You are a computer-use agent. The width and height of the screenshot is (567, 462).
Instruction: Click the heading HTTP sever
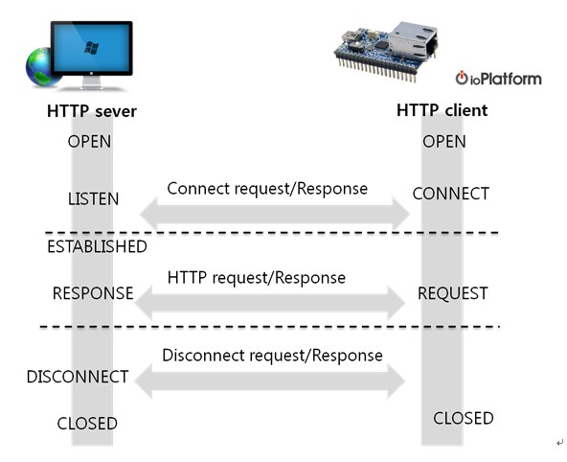tap(91, 111)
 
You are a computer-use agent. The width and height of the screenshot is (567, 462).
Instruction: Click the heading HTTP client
tap(442, 110)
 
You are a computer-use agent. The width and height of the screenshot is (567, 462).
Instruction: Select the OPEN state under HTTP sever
tap(89, 142)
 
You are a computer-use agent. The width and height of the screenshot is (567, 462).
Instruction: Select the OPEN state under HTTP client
tap(443, 142)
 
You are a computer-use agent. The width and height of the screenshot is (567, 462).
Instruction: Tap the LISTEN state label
tap(93, 199)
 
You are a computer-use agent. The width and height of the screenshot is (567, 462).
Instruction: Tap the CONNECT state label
tap(450, 194)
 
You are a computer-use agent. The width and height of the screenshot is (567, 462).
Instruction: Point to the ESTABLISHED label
tap(97, 247)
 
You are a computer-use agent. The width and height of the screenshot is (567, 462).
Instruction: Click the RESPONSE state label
tap(93, 293)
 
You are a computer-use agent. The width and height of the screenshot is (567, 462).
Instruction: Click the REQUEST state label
tap(452, 293)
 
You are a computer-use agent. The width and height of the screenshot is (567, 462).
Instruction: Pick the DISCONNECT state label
tap(78, 377)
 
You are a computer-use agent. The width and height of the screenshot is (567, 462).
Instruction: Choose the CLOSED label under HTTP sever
tap(87, 423)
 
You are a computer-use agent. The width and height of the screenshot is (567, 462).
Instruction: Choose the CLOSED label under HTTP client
tap(464, 418)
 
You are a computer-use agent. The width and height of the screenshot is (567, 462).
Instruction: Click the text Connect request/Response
tap(267, 189)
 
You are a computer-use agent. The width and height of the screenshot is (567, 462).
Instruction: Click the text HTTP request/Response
tap(256, 277)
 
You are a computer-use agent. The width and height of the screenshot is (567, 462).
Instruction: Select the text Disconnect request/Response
tap(272, 356)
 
